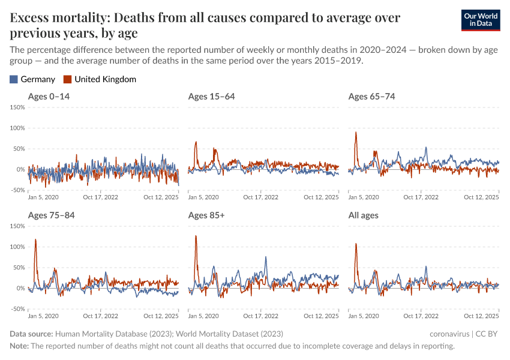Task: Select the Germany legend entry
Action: [x=32, y=79]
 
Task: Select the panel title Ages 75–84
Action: [x=52, y=215]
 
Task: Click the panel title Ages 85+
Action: [x=206, y=215]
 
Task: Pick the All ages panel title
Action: [x=364, y=215]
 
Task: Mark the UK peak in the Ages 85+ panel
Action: [x=196, y=236]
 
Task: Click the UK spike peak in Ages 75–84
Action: [x=35, y=239]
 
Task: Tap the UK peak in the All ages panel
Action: [x=356, y=244]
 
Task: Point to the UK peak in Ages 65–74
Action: [x=356, y=133]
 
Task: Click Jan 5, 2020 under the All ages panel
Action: [x=363, y=316]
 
